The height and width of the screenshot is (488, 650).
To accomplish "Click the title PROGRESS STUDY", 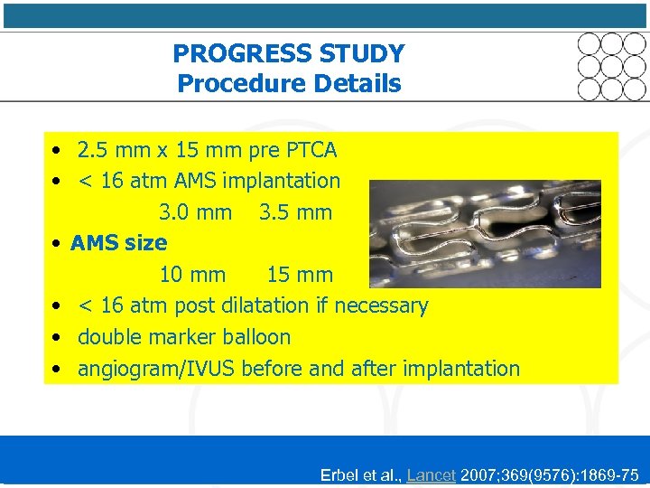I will [289, 53].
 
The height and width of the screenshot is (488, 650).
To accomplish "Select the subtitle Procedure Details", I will [289, 84].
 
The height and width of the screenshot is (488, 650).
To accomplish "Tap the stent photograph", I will [485, 233].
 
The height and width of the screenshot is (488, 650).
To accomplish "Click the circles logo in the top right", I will [612, 66].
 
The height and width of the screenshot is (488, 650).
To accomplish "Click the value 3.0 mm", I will [195, 212].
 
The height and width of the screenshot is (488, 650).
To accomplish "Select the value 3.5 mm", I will [295, 212].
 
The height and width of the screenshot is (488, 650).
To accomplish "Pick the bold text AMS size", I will [118, 243].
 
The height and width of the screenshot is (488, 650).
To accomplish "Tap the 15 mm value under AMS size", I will [300, 275].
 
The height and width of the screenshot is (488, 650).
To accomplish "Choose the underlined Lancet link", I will [432, 474].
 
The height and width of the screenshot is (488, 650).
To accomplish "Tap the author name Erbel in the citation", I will [339, 474].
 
